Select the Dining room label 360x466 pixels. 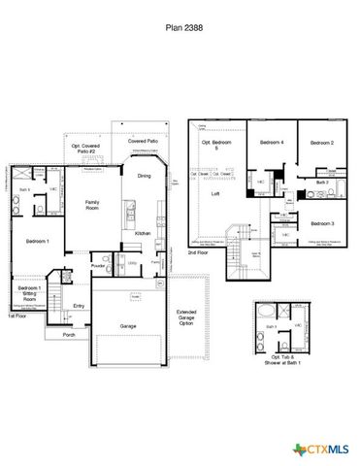pyautogui.click(x=144, y=175)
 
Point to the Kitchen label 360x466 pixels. pyautogui.click(x=142, y=234)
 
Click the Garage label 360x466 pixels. pyautogui.click(x=127, y=326)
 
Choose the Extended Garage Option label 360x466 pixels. pyautogui.click(x=186, y=317)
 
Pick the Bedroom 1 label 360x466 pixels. pyautogui.click(x=37, y=239)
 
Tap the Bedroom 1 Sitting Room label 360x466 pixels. pyautogui.click(x=27, y=293)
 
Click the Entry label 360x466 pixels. pyautogui.click(x=79, y=306)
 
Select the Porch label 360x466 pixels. pyautogui.click(x=68, y=335)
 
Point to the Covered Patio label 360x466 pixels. pyautogui.click(x=144, y=141)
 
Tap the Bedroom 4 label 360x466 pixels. pyautogui.click(x=271, y=143)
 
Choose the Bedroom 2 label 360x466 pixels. pyautogui.click(x=322, y=143)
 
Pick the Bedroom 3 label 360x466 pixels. pyautogui.click(x=322, y=223)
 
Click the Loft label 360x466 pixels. pyautogui.click(x=215, y=194)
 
